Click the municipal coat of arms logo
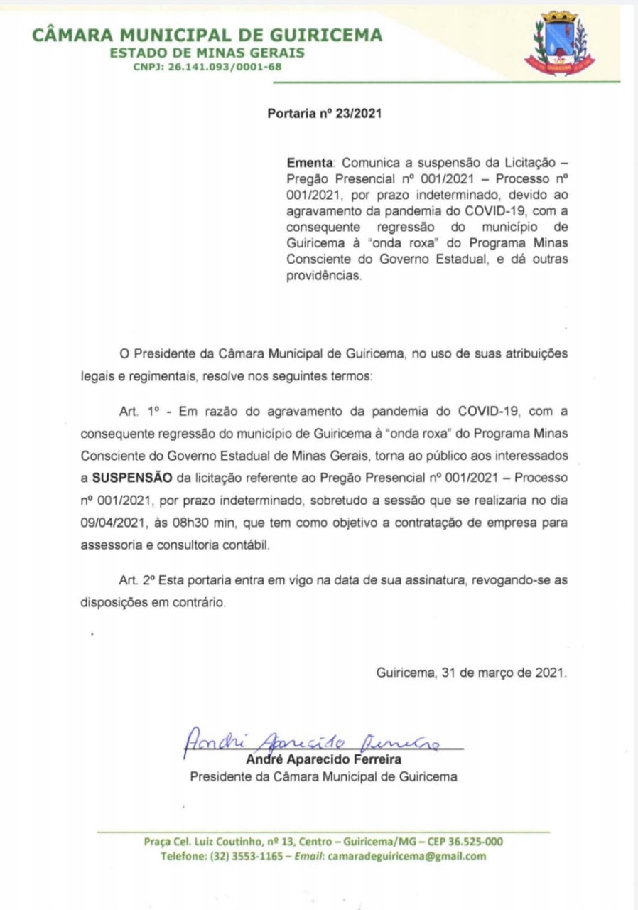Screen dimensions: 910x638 (559, 43)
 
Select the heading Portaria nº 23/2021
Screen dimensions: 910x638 (324, 113)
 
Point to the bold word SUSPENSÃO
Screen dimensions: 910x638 (131, 478)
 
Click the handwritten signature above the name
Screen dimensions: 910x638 (313, 742)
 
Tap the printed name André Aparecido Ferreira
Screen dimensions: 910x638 (323, 760)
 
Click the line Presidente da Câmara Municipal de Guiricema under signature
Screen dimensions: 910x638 (323, 776)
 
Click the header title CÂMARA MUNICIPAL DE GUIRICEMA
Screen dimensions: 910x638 (207, 34)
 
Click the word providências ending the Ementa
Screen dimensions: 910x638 (324, 277)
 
